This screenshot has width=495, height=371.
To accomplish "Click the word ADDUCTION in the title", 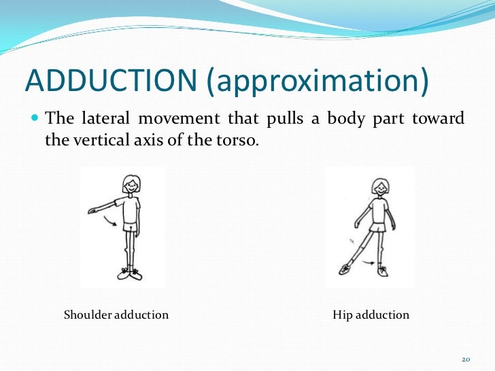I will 111,81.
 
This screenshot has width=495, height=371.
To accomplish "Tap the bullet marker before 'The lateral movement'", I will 35,118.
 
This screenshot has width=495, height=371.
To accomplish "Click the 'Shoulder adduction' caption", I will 116,315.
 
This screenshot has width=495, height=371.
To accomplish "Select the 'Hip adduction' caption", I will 371,315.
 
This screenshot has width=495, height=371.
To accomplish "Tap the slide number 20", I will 466,359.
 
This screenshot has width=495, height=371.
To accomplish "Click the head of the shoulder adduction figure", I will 131,184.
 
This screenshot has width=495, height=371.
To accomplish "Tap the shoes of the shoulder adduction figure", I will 131,274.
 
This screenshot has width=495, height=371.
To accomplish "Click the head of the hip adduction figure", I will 379,185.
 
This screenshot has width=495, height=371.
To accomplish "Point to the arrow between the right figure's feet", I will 370,264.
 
